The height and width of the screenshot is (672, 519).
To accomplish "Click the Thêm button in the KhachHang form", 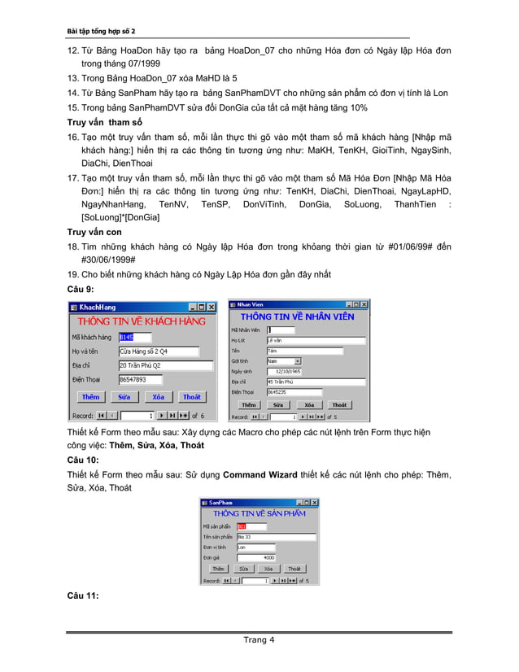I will (x=90, y=397).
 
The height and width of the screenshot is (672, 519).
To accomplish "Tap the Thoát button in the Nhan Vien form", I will (x=339, y=404).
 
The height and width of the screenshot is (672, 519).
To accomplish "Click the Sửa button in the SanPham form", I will (x=243, y=569).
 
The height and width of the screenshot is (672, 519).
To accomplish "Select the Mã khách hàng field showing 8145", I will (x=135, y=337).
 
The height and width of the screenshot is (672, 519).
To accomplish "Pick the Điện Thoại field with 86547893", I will (x=140, y=380).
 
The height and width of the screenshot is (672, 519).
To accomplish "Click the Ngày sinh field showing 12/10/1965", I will (x=284, y=370).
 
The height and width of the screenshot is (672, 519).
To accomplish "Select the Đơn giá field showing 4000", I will (x=256, y=557).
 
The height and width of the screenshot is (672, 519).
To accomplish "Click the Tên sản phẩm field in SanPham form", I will (x=276, y=537).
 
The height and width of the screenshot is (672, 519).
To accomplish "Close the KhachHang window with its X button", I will (x=212, y=308).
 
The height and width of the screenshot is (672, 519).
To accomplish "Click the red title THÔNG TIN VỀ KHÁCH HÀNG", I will (x=142, y=321).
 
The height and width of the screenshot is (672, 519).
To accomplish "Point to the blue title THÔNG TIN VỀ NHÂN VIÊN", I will (x=297, y=316).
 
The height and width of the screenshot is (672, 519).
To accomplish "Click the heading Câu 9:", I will (x=81, y=289).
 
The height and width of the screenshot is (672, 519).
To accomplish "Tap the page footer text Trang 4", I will (x=259, y=639).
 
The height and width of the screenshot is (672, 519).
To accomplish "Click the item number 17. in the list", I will (x=72, y=177).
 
